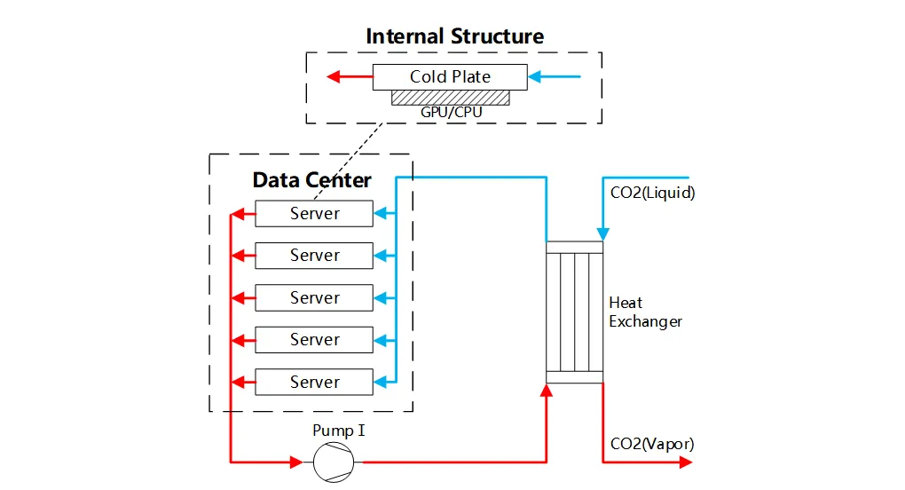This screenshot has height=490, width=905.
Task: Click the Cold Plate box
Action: pyautogui.click(x=450, y=76)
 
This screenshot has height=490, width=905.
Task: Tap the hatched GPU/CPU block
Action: pyautogui.click(x=451, y=97)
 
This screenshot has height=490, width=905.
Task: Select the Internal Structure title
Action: pyautogui.click(x=454, y=36)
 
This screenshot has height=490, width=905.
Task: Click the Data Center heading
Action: pyautogui.click(x=311, y=180)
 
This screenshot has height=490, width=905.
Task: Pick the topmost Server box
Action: pyautogui.click(x=314, y=213)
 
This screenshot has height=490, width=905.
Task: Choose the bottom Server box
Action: pyautogui.click(x=314, y=382)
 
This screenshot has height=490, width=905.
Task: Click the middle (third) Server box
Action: pyautogui.click(x=314, y=297)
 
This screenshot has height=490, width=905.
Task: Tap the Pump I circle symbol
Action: pyautogui.click(x=334, y=462)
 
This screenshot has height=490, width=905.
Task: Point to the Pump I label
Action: pyautogui.click(x=339, y=431)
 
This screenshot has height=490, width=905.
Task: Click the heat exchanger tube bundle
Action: pyautogui.click(x=574, y=312)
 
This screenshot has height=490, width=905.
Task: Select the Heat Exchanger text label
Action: pyautogui.click(x=645, y=312)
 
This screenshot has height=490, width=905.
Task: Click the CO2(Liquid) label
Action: pyautogui.click(x=652, y=192)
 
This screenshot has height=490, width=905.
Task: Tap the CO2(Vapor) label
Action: pyautogui.click(x=652, y=444)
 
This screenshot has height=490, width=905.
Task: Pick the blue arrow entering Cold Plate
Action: pyautogui.click(x=554, y=76)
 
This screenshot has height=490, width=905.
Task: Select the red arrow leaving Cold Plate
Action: pyautogui.click(x=348, y=76)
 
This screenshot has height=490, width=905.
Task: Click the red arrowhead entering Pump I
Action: pyautogui.click(x=295, y=462)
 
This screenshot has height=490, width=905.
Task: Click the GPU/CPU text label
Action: pyautogui.click(x=452, y=114)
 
